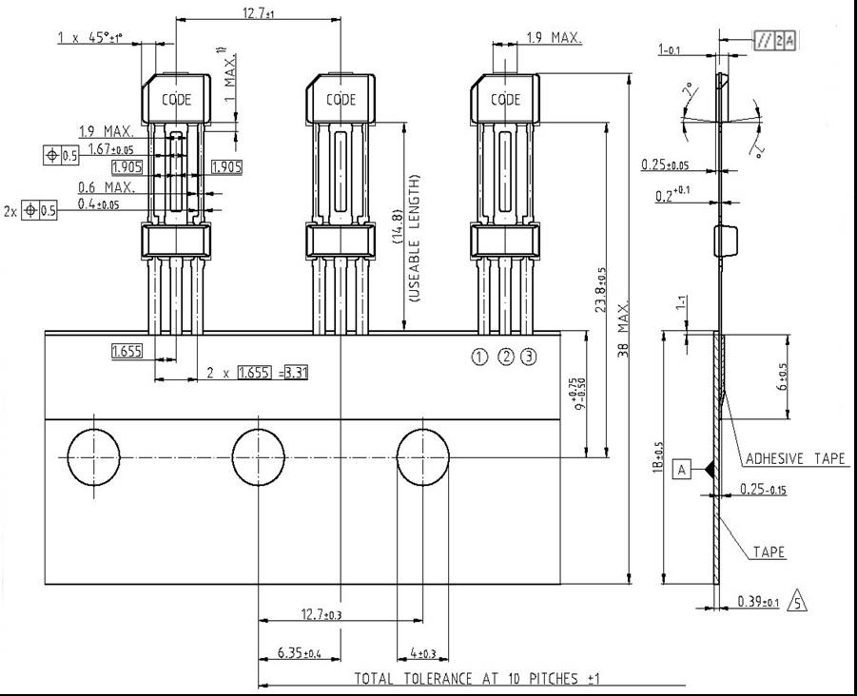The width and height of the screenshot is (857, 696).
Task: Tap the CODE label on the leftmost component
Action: pyautogui.click(x=176, y=99)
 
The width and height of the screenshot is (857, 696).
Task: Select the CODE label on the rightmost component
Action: pyautogui.click(x=505, y=99)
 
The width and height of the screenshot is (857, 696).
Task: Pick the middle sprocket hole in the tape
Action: pyautogui.click(x=260, y=456)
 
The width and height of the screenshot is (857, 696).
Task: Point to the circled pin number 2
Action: pyautogui.click(x=506, y=357)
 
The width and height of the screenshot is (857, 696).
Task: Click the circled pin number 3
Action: pyautogui.click(x=529, y=357)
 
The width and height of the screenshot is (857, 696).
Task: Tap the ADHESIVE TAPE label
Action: pyautogui.click(x=795, y=458)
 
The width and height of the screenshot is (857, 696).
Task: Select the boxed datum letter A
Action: pyautogui.click(x=681, y=469)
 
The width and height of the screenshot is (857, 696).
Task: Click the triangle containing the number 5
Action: pyautogui.click(x=799, y=602)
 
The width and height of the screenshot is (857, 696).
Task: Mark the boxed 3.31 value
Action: pyautogui.click(x=297, y=373)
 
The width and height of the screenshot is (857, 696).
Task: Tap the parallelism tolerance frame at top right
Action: pyautogui.click(x=775, y=40)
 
